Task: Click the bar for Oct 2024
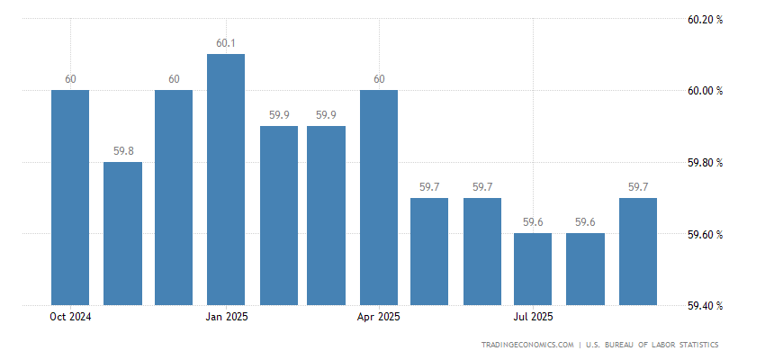[x=70, y=198]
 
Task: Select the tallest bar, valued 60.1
[x=226, y=180]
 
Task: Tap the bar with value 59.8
[x=122, y=234]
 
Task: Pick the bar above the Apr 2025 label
[x=379, y=198]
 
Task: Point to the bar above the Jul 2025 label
[x=534, y=270]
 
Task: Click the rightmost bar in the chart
[x=638, y=252]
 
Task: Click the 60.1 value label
[x=226, y=43]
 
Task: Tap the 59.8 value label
[x=122, y=151]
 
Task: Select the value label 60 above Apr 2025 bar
[x=379, y=79]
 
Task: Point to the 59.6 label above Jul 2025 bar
[x=534, y=222]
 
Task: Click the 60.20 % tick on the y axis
[x=705, y=19]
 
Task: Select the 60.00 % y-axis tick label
[x=705, y=91]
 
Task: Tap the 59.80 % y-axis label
[x=705, y=163]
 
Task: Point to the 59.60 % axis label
[x=705, y=235]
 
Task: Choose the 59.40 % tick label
[x=705, y=306]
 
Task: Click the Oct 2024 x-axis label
[x=70, y=317]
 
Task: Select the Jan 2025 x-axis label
[x=226, y=317]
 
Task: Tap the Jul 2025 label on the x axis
[x=534, y=317]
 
